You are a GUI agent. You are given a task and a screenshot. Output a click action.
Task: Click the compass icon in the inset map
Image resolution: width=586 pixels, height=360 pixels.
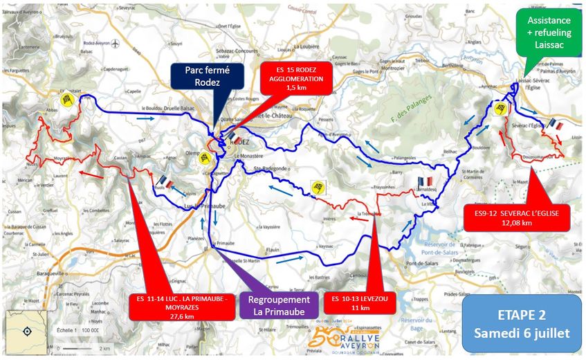tap(27, 331)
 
